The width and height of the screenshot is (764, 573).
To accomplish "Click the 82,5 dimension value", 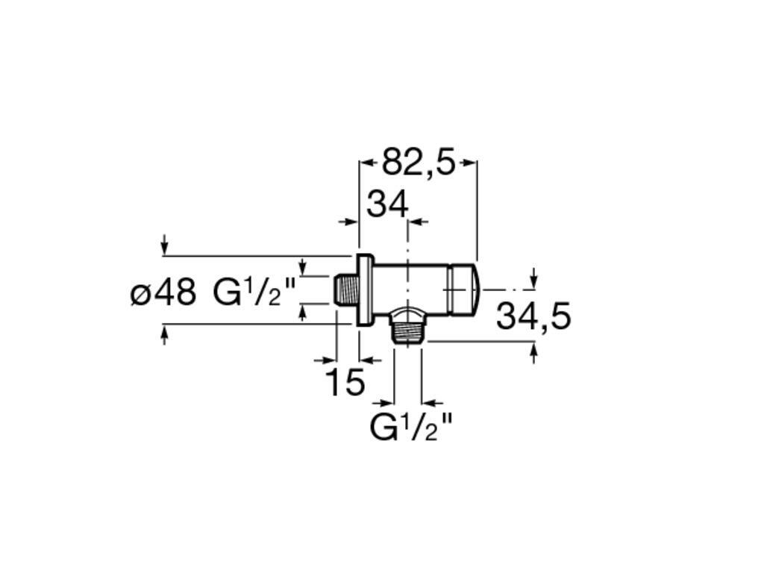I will pyautogui.click(x=418, y=162).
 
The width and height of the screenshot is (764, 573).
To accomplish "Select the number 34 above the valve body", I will pyautogui.click(x=387, y=204).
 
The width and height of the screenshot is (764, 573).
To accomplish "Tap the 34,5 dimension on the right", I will pyautogui.click(x=533, y=316).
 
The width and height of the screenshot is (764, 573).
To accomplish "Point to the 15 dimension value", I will pyautogui.click(x=345, y=383).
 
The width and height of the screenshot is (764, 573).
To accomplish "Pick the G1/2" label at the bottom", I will pyautogui.click(x=411, y=427).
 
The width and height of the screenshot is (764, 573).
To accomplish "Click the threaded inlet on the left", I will pyautogui.click(x=345, y=289).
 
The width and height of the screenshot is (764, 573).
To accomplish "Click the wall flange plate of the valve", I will pyautogui.click(x=364, y=289).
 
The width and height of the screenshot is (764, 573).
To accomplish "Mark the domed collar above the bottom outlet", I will pyautogui.click(x=407, y=311).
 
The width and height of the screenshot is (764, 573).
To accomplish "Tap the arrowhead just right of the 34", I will pyautogui.click(x=418, y=222).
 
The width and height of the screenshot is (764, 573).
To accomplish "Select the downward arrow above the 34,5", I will pyautogui.click(x=533, y=280).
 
